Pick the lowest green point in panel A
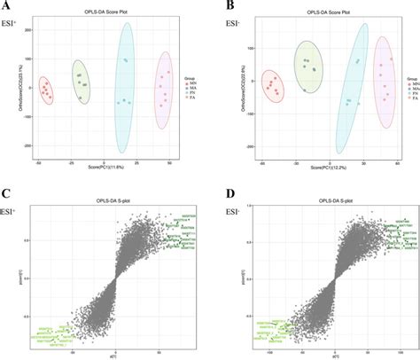[x=81, y=98]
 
